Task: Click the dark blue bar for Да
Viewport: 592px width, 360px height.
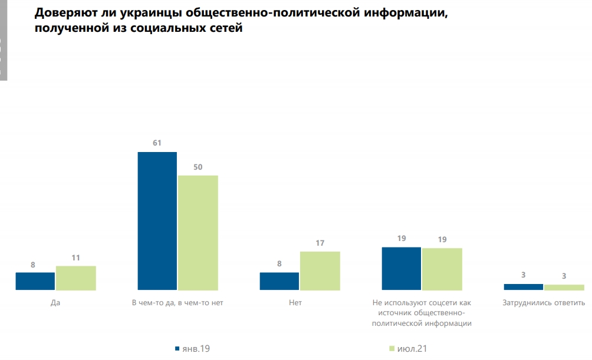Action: (x=35, y=281)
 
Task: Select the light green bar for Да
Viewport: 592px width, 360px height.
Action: (x=76, y=278)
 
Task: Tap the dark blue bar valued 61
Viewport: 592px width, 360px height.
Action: (x=157, y=221)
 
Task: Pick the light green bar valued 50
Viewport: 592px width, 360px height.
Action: (x=198, y=233)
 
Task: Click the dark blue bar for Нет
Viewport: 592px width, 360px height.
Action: (x=279, y=281)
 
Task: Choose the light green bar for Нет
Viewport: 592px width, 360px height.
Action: (x=320, y=271)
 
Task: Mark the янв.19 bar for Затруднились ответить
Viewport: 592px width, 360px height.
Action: (x=524, y=287)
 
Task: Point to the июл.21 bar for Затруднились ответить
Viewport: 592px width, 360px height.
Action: (x=564, y=288)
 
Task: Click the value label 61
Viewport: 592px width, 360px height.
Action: (x=157, y=143)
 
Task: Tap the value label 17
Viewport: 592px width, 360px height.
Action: (x=320, y=243)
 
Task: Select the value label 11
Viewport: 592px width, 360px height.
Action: (x=76, y=257)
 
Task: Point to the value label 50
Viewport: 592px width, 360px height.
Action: (x=198, y=167)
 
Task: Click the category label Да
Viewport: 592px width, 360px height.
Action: (x=56, y=303)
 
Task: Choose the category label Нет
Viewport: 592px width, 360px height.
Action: (x=300, y=303)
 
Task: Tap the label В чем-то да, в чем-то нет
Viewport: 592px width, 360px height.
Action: (x=178, y=303)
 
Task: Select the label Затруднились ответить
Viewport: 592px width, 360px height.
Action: (x=544, y=303)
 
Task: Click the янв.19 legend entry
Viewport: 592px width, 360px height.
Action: (x=193, y=349)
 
